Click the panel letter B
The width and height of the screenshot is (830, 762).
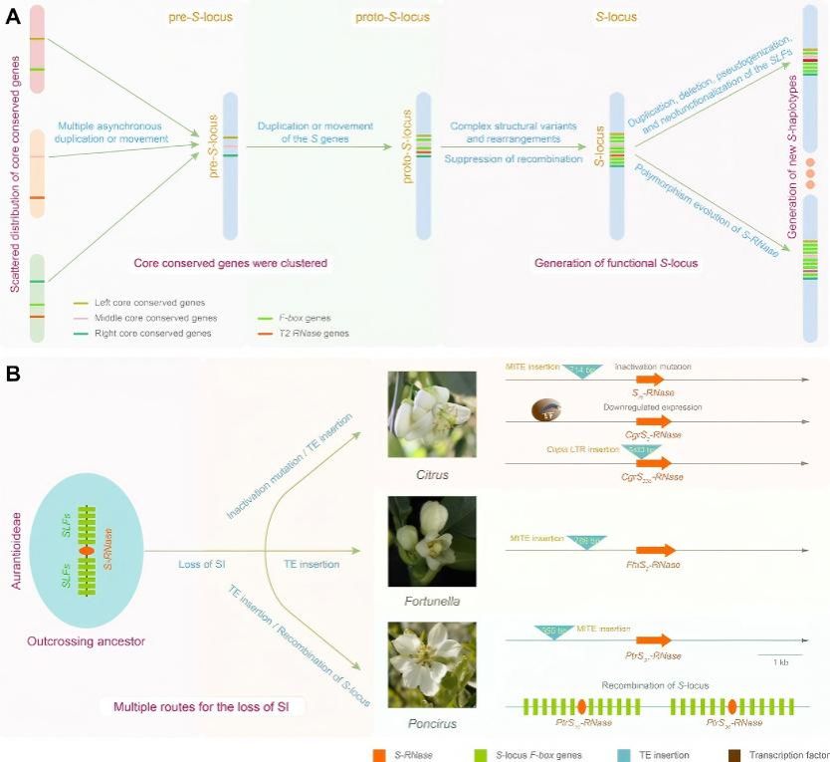tap(13, 376)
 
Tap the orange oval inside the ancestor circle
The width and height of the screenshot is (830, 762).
tap(87, 550)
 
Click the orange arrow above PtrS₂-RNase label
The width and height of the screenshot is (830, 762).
tap(654, 640)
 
